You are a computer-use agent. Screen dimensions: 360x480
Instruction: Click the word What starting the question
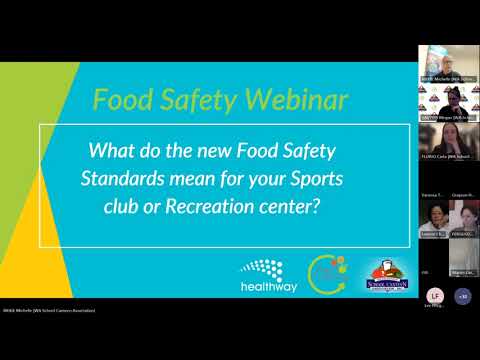tap(112, 152)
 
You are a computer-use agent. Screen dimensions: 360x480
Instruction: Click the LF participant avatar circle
tap(433, 296)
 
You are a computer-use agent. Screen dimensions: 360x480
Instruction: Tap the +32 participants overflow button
tap(462, 296)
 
